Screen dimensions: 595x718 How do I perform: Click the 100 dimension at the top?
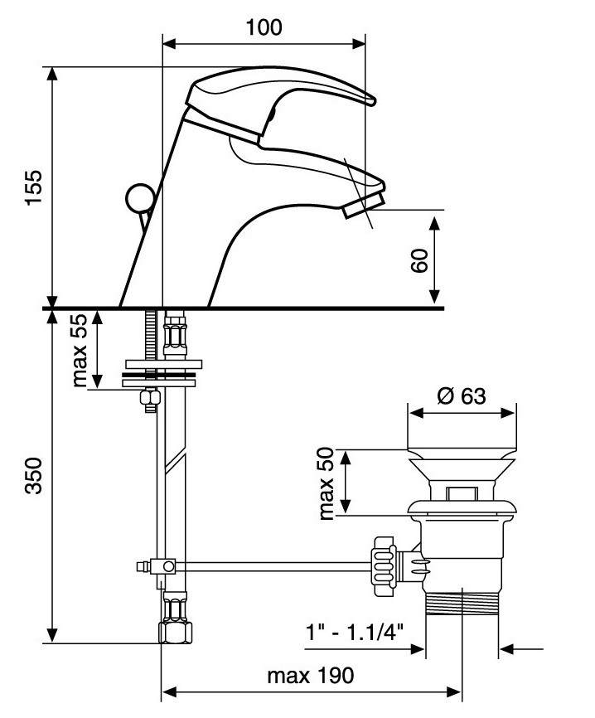click(x=264, y=27)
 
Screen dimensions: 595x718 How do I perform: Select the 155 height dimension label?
click(x=34, y=187)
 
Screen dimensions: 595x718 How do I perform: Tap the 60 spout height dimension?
click(x=419, y=260)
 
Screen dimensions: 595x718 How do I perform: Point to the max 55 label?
click(x=80, y=350)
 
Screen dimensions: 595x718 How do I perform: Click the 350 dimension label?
click(x=34, y=475)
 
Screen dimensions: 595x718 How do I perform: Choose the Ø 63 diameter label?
click(x=462, y=395)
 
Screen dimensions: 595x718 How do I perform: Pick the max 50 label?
click(x=327, y=483)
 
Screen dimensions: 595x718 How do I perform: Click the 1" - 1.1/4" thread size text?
click(x=355, y=633)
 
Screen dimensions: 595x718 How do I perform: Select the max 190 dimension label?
click(x=311, y=676)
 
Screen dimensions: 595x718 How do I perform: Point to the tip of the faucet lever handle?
click(x=371, y=101)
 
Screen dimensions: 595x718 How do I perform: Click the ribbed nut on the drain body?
click(x=384, y=566)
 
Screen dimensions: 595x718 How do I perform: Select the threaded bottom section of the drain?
click(x=462, y=604)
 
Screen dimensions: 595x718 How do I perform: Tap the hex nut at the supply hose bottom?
click(x=175, y=633)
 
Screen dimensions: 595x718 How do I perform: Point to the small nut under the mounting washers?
click(x=150, y=397)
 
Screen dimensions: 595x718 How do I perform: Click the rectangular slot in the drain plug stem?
click(x=462, y=493)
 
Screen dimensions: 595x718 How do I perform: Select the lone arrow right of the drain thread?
click(x=521, y=649)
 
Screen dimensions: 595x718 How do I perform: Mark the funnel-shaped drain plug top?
click(x=462, y=469)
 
